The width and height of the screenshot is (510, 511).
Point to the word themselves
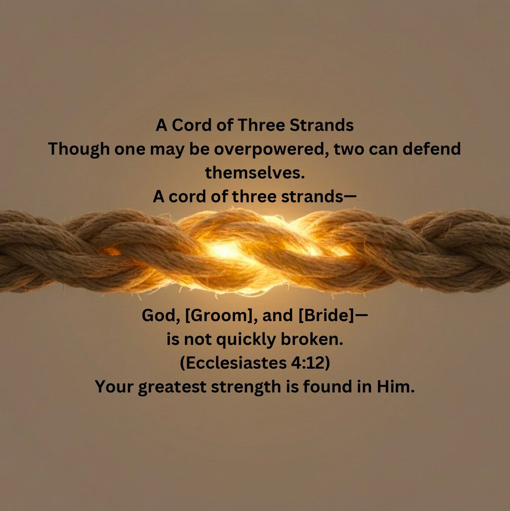(x=255, y=173)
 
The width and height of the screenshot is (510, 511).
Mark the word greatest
(x=172, y=387)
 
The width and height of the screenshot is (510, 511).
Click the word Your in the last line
(x=114, y=387)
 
